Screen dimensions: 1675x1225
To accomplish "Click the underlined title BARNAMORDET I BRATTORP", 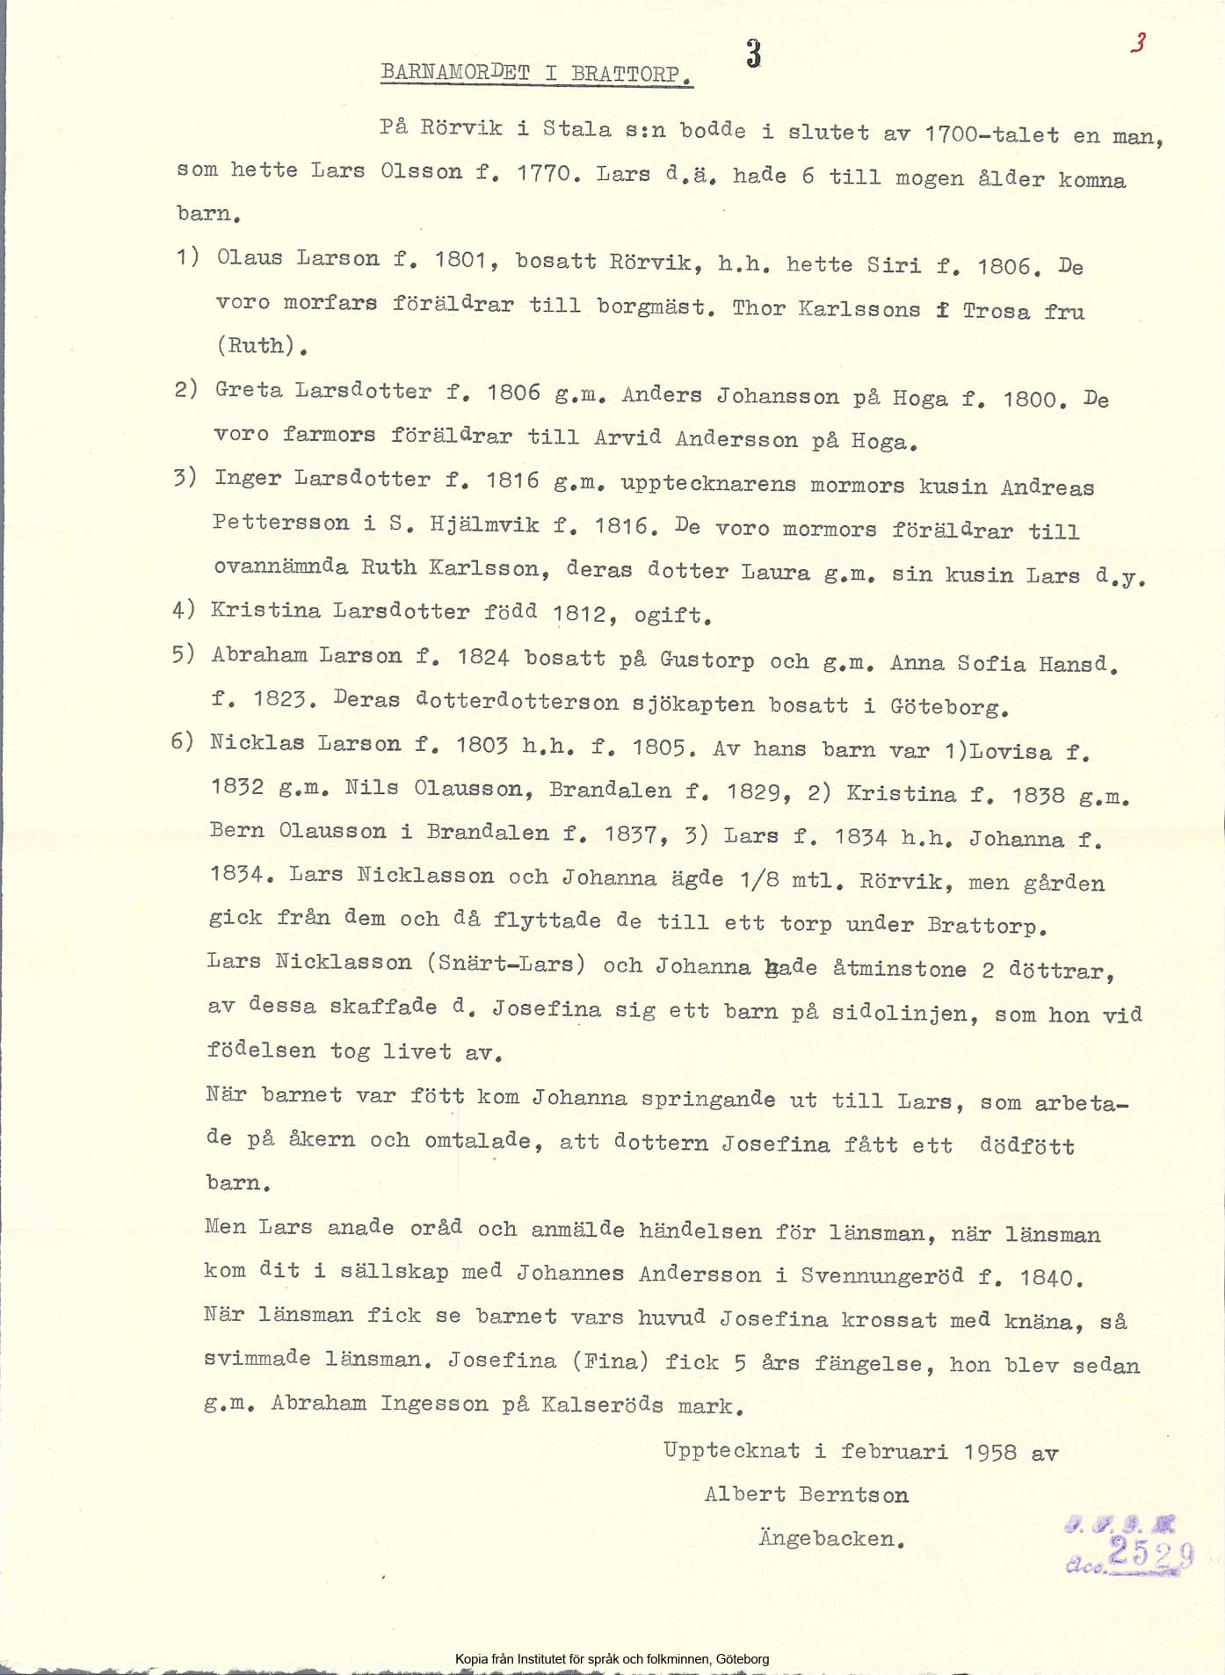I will pyautogui.click(x=536, y=73).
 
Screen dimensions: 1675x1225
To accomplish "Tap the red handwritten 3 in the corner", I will pyautogui.click(x=1138, y=42).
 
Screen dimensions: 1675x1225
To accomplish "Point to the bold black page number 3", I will pyautogui.click(x=753, y=54).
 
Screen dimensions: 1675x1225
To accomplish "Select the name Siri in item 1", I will pyautogui.click(x=894, y=264).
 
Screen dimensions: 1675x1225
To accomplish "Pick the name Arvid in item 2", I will pyautogui.click(x=627, y=437).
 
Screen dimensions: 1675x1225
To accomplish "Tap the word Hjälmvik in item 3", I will pyautogui.click(x=484, y=524).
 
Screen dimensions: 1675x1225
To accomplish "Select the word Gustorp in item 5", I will pyautogui.click(x=707, y=660).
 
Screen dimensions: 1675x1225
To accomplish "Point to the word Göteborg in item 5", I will pyautogui.click(x=948, y=706).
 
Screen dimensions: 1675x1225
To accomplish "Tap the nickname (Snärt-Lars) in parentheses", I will pyautogui.click(x=506, y=964).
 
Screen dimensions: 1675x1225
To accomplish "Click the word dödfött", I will pyautogui.click(x=1026, y=1145).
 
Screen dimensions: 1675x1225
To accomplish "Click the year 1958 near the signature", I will pyautogui.click(x=989, y=1452).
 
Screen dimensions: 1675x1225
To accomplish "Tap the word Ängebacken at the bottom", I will pyautogui.click(x=831, y=1539).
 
